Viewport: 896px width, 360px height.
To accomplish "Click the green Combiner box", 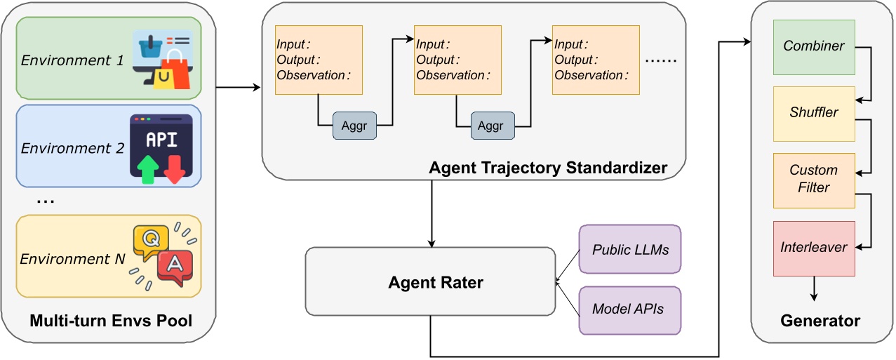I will click(x=814, y=47).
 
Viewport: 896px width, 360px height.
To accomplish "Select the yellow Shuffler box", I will click(x=814, y=113).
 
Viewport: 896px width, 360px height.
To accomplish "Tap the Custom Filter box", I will click(x=814, y=180).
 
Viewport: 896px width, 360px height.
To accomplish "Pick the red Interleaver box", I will click(x=814, y=248).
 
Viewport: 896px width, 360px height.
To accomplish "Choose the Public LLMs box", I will click(x=629, y=249).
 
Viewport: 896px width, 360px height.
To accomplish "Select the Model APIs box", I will click(x=629, y=309).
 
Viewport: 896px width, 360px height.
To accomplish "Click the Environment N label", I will click(x=72, y=260).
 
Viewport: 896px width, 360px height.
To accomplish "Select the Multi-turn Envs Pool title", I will click(x=111, y=322).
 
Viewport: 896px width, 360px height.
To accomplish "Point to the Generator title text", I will click(x=820, y=321).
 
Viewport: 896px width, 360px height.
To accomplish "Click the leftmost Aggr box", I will click(x=354, y=126).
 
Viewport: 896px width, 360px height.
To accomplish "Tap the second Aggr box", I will click(x=492, y=126).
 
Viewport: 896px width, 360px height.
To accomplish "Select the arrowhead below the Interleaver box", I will click(x=814, y=297).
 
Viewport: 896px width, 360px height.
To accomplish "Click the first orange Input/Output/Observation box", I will click(x=319, y=60).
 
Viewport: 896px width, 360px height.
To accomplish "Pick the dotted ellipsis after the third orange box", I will click(x=660, y=61).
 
